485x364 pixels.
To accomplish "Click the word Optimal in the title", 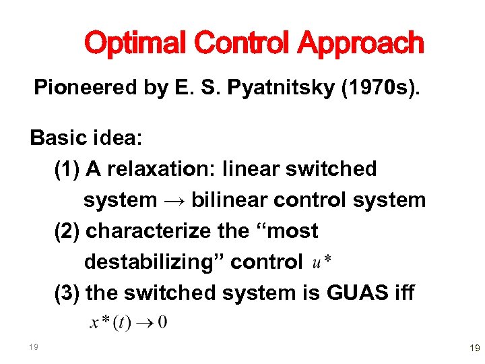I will [132, 44].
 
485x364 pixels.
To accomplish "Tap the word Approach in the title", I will [361, 44].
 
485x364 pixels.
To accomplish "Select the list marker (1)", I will [67, 169].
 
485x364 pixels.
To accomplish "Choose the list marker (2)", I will [67, 231].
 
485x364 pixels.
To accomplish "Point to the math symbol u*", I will [321, 263].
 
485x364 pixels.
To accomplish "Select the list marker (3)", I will [67, 293].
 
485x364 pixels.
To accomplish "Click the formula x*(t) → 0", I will [129, 322].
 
